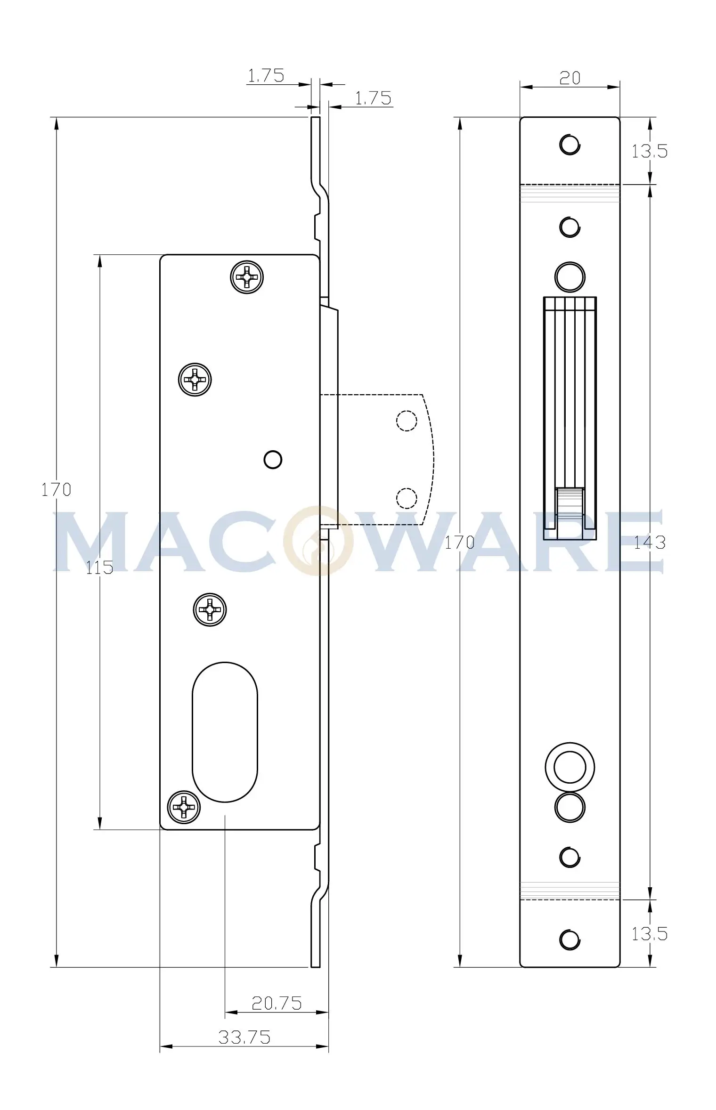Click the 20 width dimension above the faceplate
(x=570, y=78)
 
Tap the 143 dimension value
(x=650, y=543)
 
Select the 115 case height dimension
(x=99, y=567)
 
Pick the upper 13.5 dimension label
(x=650, y=151)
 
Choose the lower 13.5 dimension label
(x=650, y=933)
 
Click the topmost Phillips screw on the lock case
(x=247, y=277)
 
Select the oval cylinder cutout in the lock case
(x=225, y=732)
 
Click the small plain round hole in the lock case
(x=273, y=460)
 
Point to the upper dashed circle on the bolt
(x=407, y=421)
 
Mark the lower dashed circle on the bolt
(x=407, y=498)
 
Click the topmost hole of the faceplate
(x=570, y=144)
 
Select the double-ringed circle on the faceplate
(x=570, y=767)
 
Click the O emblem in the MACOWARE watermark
(x=319, y=541)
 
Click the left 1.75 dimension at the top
(x=266, y=75)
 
